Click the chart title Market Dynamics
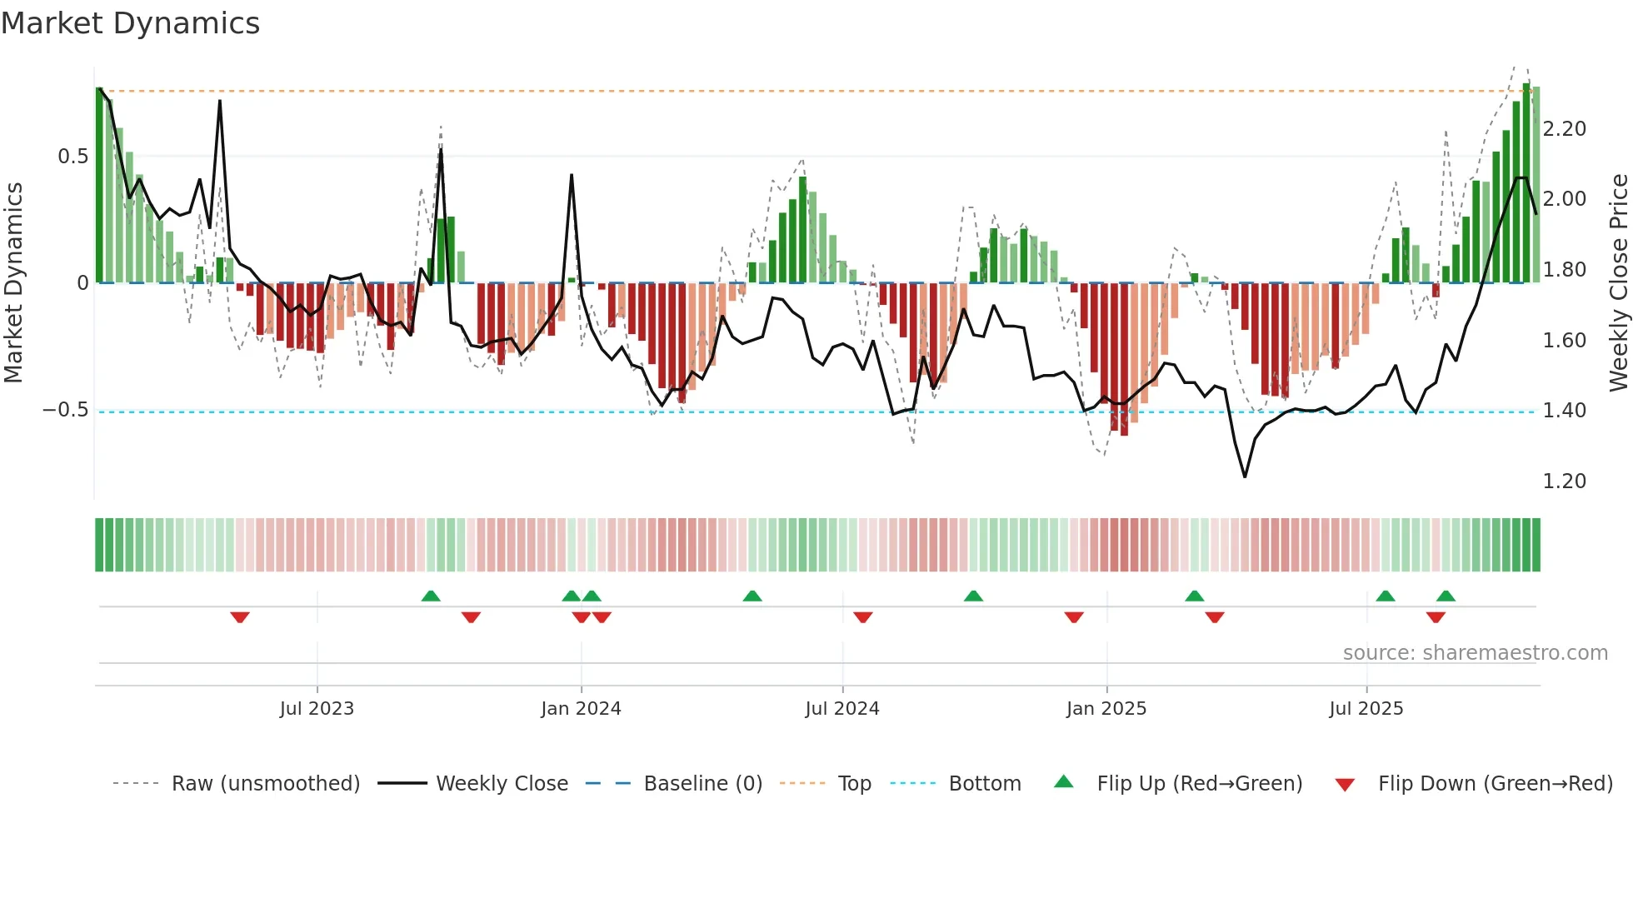click(130, 23)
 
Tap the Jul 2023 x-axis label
click(317, 709)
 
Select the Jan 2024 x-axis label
click(581, 709)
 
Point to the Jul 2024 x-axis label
click(842, 709)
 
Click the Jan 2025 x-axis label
click(1106, 709)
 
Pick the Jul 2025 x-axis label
click(1366, 709)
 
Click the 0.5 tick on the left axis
click(72, 157)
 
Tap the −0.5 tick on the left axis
click(65, 410)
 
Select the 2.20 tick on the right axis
click(1564, 129)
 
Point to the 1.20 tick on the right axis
click(1564, 481)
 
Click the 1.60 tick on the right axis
click(1564, 341)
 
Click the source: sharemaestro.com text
click(1475, 653)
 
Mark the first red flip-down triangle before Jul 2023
click(240, 617)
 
